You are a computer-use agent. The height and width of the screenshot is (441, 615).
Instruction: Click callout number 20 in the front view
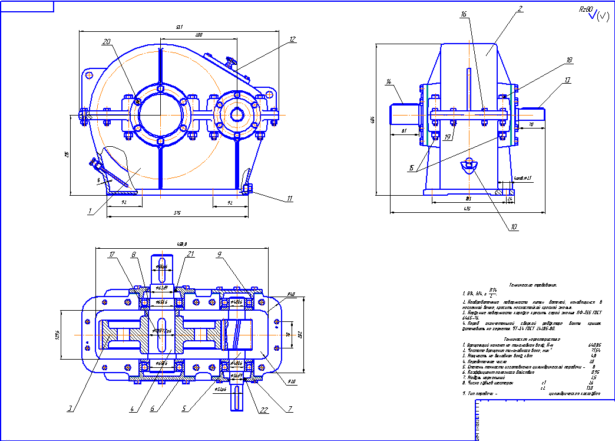[x=107, y=42]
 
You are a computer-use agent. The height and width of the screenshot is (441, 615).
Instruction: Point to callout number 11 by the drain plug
[x=289, y=199]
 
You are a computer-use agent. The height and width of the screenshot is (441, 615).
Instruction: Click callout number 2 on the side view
[x=504, y=9]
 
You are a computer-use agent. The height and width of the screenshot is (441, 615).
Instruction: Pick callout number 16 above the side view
[x=464, y=14]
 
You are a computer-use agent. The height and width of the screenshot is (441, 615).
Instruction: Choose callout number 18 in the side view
[x=553, y=60]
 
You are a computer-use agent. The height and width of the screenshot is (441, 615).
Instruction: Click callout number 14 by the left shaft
[x=389, y=81]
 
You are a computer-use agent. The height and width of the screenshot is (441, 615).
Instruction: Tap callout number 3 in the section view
[x=70, y=408]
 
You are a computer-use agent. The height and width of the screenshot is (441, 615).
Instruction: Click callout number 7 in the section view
[x=289, y=408]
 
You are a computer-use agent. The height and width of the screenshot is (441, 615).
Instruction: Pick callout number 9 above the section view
[x=219, y=255]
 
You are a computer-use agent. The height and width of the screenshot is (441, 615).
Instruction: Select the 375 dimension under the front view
[x=177, y=213]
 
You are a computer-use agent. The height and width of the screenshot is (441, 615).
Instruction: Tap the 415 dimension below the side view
[x=467, y=208]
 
